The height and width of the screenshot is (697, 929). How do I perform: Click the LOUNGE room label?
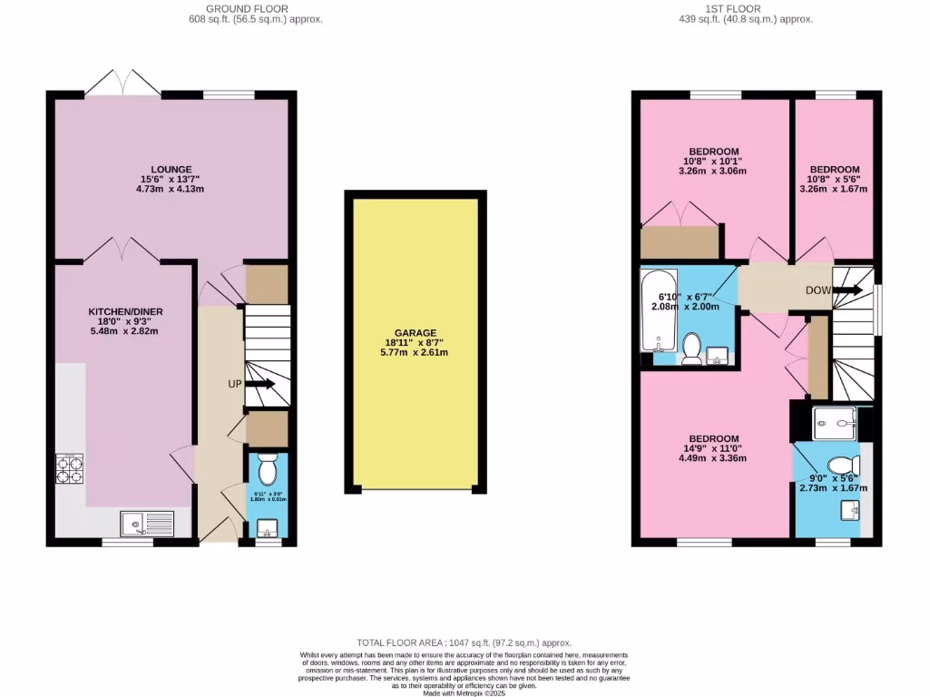coord(171,169)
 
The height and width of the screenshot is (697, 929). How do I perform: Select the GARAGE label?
coord(416,333)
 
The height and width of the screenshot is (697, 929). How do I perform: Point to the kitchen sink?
coord(146,523)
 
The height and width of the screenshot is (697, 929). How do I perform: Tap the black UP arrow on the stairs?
coord(260,384)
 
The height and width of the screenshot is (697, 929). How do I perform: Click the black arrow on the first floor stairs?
coord(848,290)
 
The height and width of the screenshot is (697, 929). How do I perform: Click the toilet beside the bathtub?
coord(692,348)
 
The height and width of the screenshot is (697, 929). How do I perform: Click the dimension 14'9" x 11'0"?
coord(712,448)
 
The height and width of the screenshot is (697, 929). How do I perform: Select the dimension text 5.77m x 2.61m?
coord(416,352)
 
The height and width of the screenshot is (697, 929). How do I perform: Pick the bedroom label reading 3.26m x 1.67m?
coord(834,189)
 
